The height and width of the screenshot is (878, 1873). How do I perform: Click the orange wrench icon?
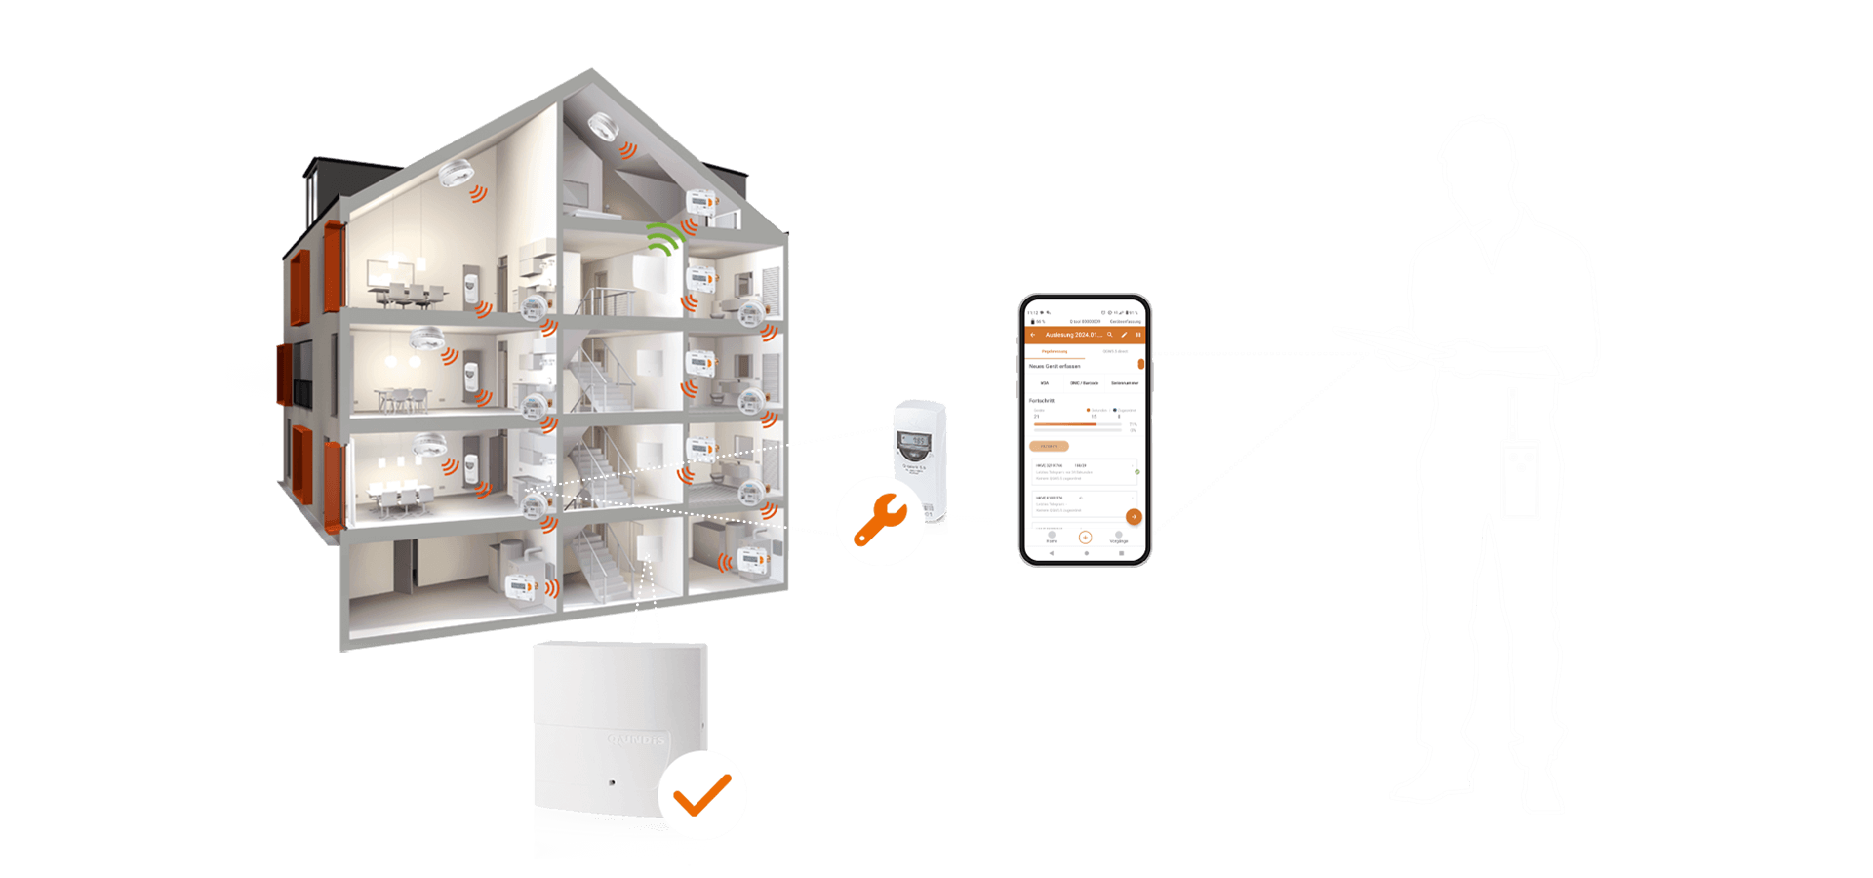880,521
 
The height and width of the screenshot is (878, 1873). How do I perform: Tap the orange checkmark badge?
702,795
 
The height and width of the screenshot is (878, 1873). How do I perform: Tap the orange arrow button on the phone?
1134,516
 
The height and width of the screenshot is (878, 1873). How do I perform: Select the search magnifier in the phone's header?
1109,335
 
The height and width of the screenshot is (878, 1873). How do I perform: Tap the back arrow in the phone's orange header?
1033,335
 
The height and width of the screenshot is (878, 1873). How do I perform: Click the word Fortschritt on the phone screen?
1042,401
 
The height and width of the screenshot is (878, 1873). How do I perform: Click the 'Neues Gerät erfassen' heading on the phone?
1055,366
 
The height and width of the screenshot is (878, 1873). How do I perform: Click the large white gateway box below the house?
619,741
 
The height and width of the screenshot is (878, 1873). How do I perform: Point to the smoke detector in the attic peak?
602,127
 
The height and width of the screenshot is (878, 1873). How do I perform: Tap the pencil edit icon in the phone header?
1124,335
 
